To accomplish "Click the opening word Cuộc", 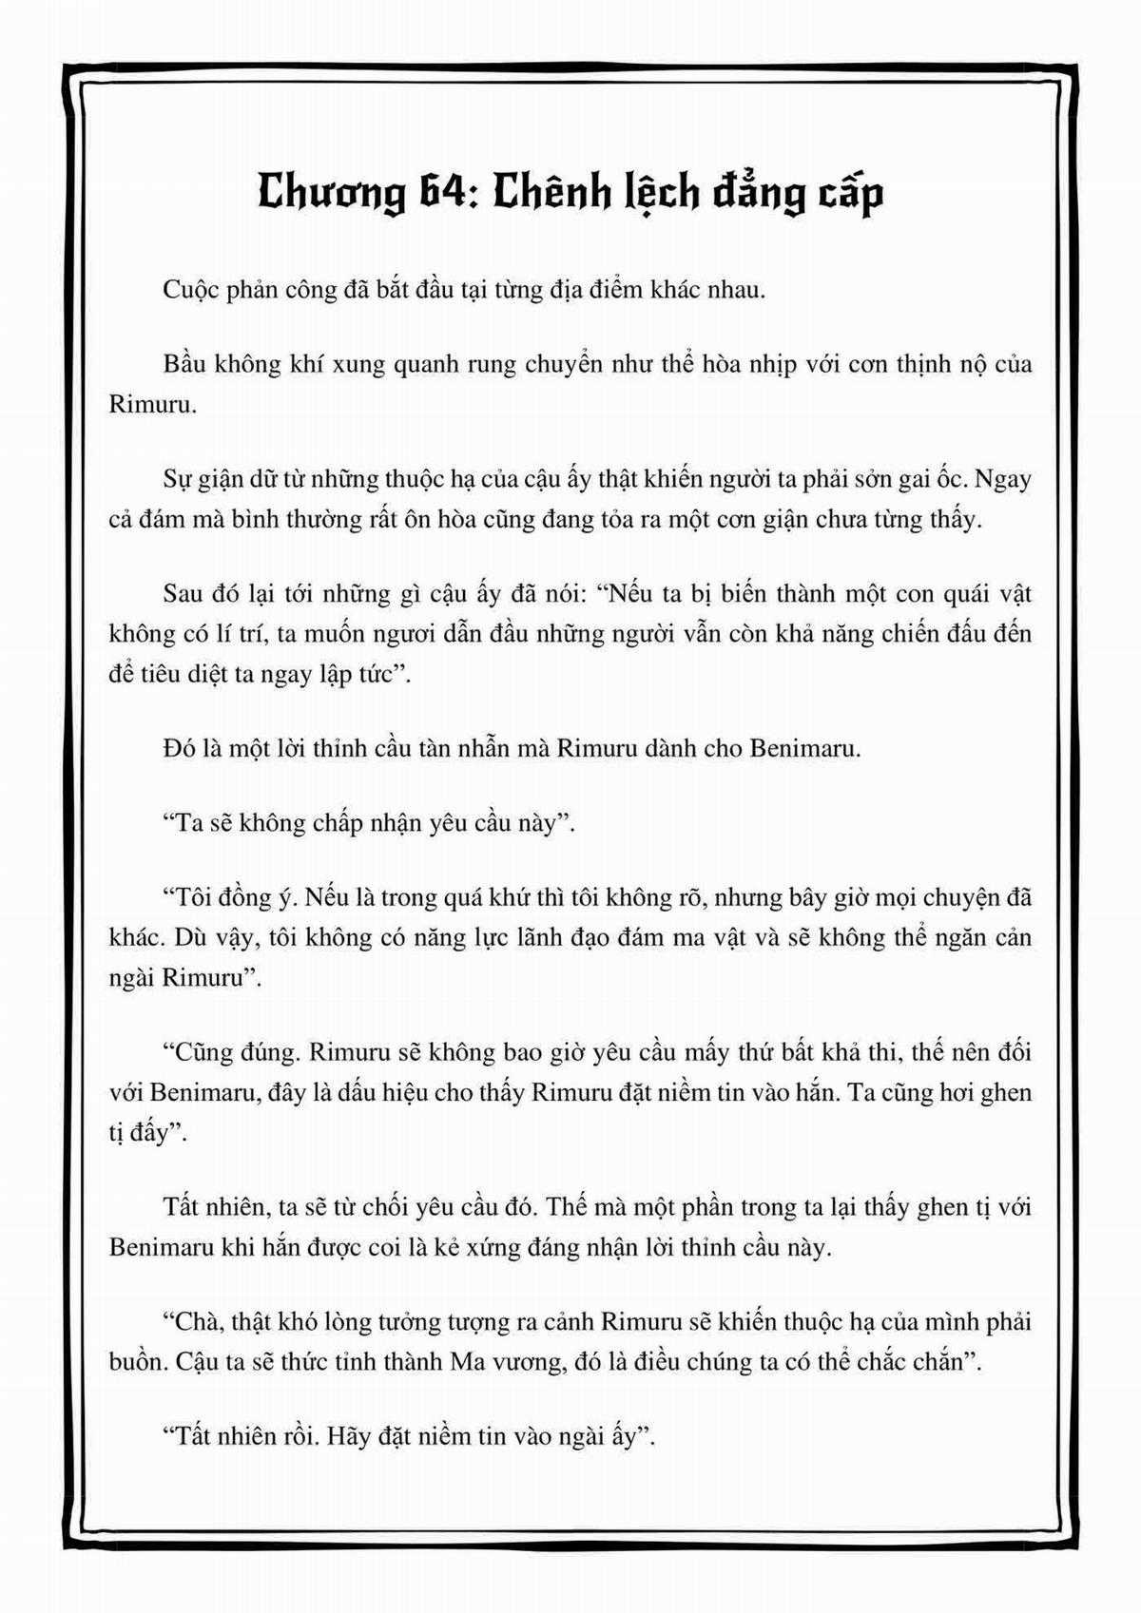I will pyautogui.click(x=191, y=290).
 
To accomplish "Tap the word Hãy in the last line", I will pyautogui.click(x=352, y=1436).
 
